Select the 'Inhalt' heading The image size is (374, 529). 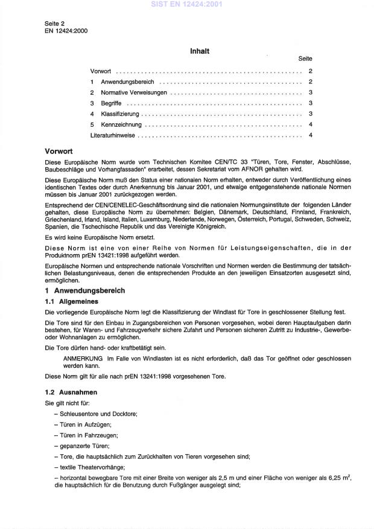pos(200,51)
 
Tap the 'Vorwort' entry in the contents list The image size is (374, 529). pos(101,71)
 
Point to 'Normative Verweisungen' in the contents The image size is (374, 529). pos(134,93)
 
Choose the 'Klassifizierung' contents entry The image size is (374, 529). pos(120,114)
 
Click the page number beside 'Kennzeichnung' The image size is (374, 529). pos(309,124)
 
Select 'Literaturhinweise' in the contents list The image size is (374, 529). pos(113,135)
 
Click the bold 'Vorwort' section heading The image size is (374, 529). pos(59,152)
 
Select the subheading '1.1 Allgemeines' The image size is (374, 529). pos(72,301)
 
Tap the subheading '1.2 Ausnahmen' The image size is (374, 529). pos(71,392)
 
